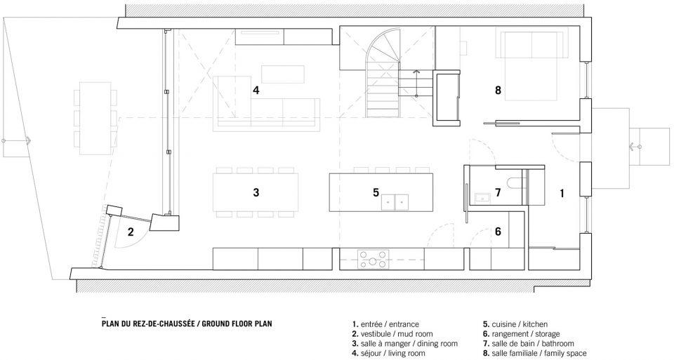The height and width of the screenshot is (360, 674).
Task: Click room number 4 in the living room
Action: click(x=256, y=91)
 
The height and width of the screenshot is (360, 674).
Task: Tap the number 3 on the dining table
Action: click(x=256, y=192)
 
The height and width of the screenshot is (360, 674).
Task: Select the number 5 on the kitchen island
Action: click(x=376, y=192)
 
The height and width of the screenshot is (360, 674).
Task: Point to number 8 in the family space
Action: click(x=498, y=91)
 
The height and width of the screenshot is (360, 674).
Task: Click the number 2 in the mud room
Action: click(x=131, y=232)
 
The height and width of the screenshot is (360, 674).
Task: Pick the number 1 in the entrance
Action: click(x=562, y=194)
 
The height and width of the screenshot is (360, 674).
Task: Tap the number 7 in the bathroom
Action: click(x=498, y=192)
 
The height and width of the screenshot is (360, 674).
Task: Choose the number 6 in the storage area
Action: click(x=498, y=232)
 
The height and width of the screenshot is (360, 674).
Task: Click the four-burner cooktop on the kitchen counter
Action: click(x=373, y=260)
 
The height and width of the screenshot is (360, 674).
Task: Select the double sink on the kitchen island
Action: click(x=395, y=202)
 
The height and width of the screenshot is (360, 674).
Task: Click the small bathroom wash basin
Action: click(x=482, y=198)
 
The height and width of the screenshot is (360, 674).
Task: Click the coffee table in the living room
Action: click(x=283, y=74)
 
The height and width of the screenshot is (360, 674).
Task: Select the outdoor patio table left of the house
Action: click(x=95, y=118)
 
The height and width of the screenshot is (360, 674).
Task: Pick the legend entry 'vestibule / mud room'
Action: click(x=392, y=334)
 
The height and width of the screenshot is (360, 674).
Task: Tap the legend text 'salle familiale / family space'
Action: click(x=534, y=354)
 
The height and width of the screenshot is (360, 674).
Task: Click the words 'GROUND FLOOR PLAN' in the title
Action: click(x=237, y=324)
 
